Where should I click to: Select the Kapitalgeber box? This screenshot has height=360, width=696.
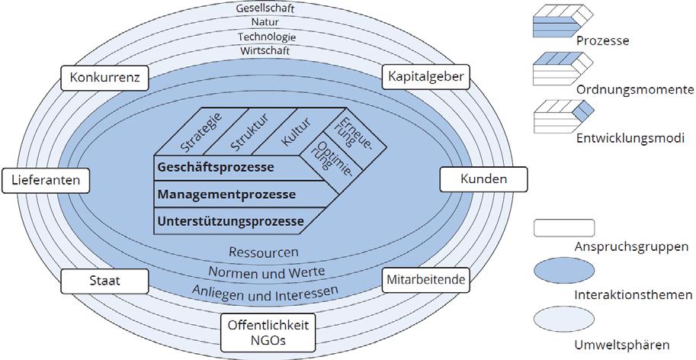[426, 78]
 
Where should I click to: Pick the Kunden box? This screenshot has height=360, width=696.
[484, 179]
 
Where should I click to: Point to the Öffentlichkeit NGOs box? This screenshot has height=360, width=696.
[268, 333]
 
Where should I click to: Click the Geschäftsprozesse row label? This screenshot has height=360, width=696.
[216, 167]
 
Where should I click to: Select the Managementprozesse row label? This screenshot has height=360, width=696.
[226, 194]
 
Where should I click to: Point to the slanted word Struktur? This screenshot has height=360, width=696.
[245, 131]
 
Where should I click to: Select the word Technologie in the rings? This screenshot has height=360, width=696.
[266, 37]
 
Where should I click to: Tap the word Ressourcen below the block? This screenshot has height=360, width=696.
[264, 252]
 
